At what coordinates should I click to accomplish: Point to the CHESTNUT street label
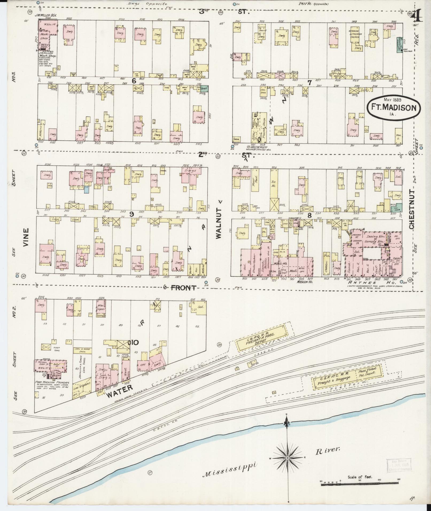point(411,209)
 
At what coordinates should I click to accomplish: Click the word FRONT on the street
point(183,288)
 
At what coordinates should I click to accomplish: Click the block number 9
point(131,213)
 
